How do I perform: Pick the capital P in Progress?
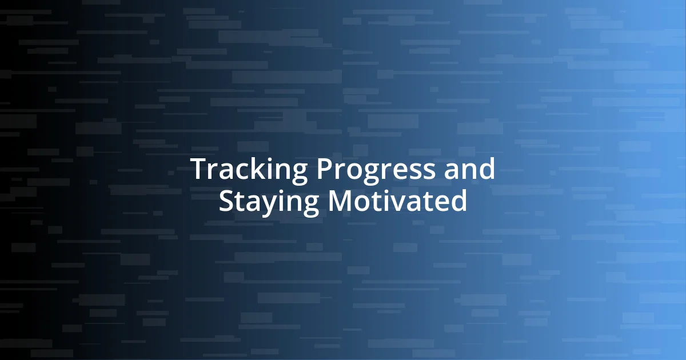click(x=323, y=170)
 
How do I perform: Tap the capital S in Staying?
click(x=227, y=202)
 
